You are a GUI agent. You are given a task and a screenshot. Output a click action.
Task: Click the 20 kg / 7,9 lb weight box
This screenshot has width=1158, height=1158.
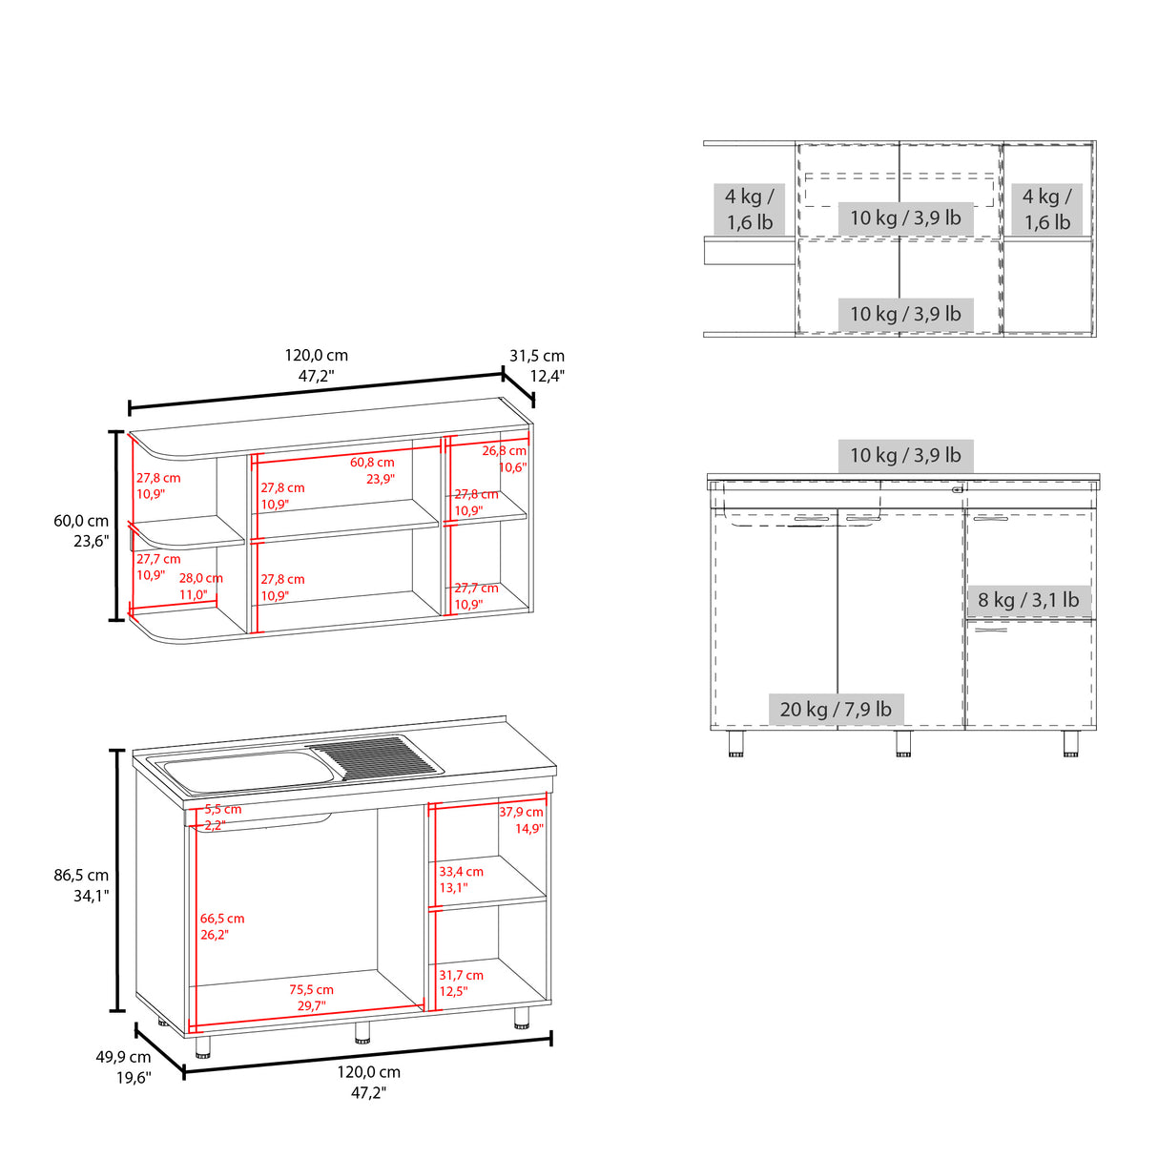coord(836,709)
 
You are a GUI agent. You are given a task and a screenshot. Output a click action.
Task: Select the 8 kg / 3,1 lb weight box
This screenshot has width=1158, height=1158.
coord(1028,600)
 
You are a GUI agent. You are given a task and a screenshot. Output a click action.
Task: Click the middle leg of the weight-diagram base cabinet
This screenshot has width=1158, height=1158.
coord(903,743)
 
